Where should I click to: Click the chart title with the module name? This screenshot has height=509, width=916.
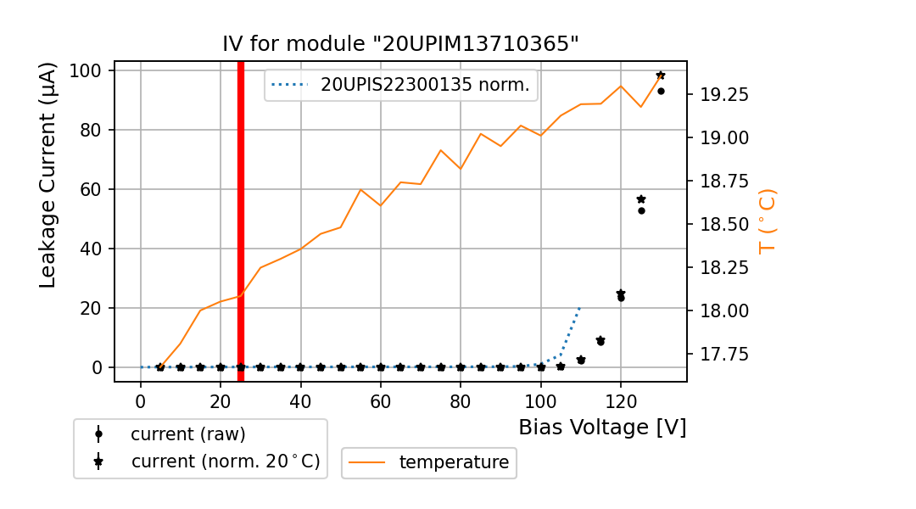tap(400, 44)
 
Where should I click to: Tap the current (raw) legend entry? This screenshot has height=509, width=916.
tap(187, 434)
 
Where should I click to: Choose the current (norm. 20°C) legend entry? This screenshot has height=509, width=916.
tap(225, 461)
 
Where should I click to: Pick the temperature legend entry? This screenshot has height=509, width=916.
tap(454, 462)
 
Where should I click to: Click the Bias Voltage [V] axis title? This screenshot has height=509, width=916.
tap(602, 427)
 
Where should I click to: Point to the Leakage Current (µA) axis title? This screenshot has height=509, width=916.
tap(48, 175)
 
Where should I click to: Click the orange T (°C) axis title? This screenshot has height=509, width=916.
tap(767, 221)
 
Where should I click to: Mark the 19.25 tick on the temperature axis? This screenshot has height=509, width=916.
tap(723, 94)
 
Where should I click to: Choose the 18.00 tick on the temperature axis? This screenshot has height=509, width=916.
tap(723, 310)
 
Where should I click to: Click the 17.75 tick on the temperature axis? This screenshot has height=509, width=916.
tap(723, 354)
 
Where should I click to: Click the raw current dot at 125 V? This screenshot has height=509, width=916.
tap(641, 210)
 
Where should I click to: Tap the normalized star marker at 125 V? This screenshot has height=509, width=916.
tap(641, 199)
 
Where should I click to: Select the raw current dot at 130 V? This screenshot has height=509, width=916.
tap(661, 91)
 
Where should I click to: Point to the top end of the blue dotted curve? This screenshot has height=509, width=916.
tap(580, 306)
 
